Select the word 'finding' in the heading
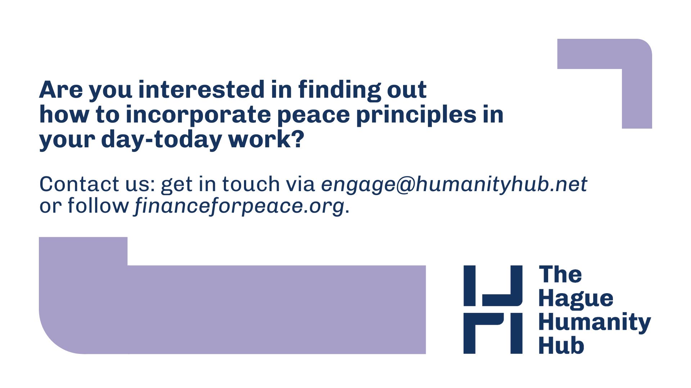(x=339, y=91)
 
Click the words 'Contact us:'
(x=97, y=184)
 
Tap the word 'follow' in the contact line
(x=98, y=206)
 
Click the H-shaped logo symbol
(x=493, y=309)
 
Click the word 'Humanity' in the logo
(x=595, y=323)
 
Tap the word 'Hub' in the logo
(x=561, y=345)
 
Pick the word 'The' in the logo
(x=560, y=275)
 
